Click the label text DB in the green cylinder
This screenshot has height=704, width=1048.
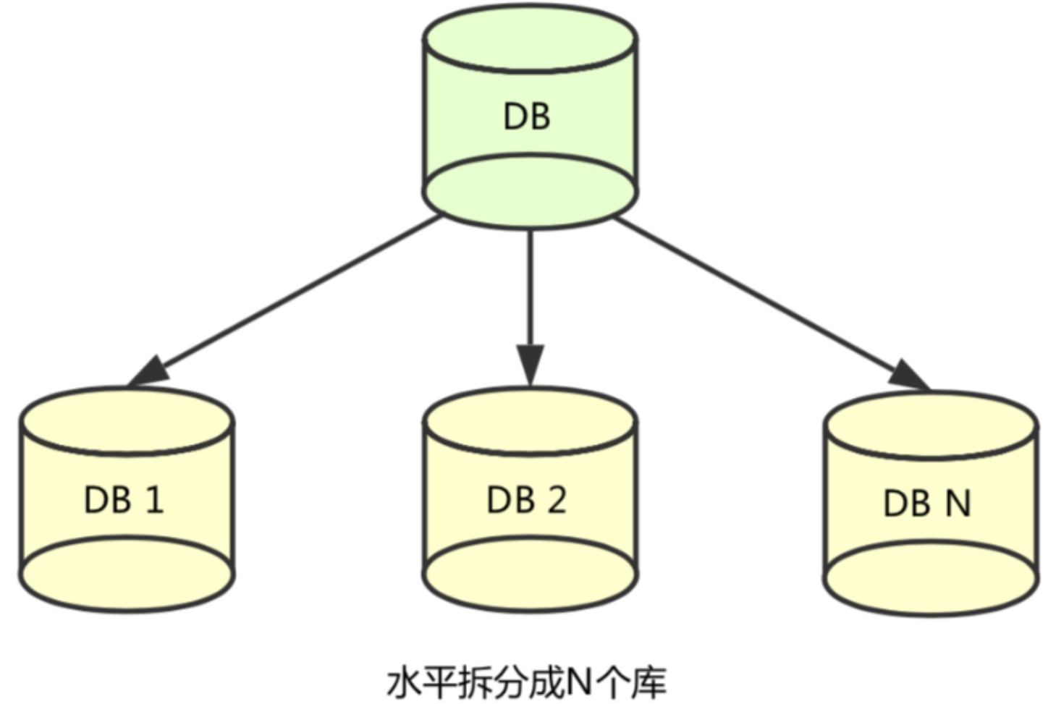pyautogui.click(x=527, y=116)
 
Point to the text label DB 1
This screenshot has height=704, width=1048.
pyautogui.click(x=124, y=500)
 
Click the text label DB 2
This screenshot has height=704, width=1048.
pyautogui.click(x=526, y=500)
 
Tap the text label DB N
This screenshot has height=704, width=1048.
pyautogui.click(x=926, y=503)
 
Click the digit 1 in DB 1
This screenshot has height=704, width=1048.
pyautogui.click(x=154, y=500)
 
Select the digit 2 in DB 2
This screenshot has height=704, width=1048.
pyautogui.click(x=556, y=500)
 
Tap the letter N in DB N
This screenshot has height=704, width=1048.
pyautogui.click(x=958, y=503)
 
